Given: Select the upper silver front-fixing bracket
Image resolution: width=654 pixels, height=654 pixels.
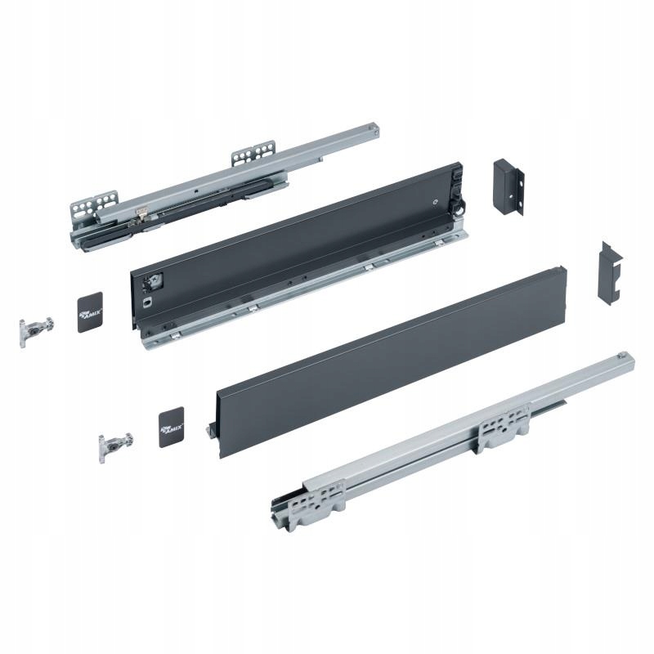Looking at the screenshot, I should pos(34,329).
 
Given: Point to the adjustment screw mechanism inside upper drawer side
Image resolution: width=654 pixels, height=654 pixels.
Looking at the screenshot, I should pos(152,281).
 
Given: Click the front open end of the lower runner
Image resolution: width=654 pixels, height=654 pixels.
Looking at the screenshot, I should pos(282,507).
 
